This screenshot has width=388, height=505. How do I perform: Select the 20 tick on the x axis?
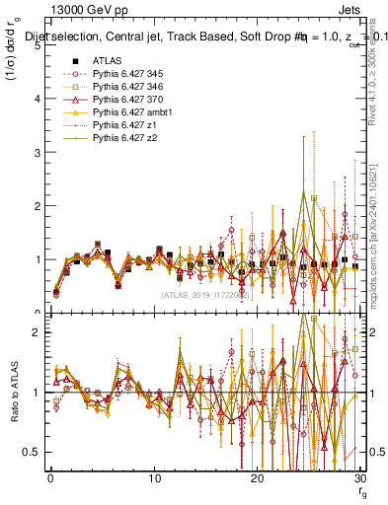tap(257, 478)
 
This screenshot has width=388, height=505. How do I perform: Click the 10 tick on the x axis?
tap(153, 478)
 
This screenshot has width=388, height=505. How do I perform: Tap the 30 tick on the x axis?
tap(359, 478)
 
